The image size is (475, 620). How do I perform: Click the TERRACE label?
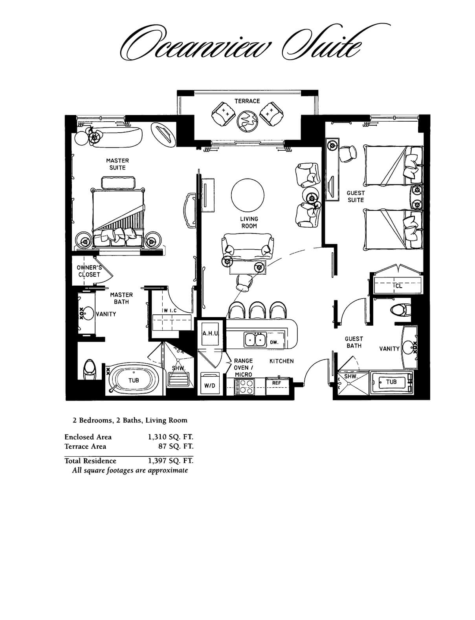(247, 101)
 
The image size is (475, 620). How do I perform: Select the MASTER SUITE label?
(117, 164)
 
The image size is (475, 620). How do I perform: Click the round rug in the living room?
(248, 195)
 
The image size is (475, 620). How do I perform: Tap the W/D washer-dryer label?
(209, 386)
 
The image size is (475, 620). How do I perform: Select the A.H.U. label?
(210, 334)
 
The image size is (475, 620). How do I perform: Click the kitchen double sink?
(255, 339)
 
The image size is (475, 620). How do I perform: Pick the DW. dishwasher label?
(274, 342)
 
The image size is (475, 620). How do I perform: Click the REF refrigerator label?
(276, 383)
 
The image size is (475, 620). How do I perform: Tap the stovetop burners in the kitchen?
(244, 387)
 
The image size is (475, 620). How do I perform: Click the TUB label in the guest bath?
(391, 382)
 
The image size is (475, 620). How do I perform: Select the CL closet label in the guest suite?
(399, 286)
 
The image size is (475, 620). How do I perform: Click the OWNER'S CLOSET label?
(89, 271)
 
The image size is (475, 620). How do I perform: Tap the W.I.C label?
(170, 311)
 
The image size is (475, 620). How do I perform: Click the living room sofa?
(248, 246)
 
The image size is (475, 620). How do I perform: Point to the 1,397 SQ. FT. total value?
(171, 461)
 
